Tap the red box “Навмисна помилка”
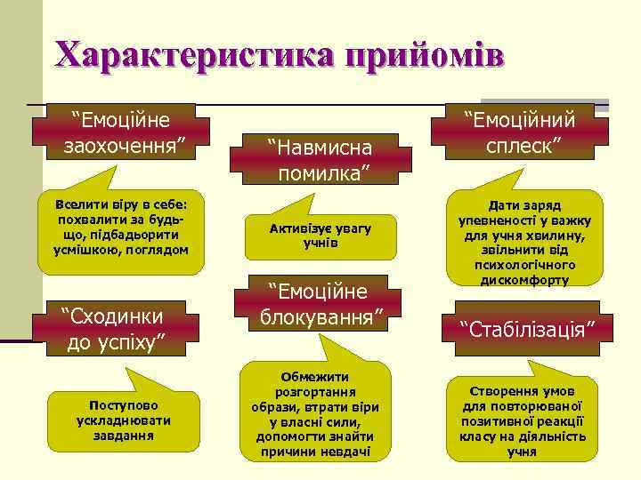(x=322, y=157)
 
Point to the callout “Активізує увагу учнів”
(x=320, y=235)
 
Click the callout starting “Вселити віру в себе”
(x=121, y=227)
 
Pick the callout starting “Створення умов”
(x=522, y=420)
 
